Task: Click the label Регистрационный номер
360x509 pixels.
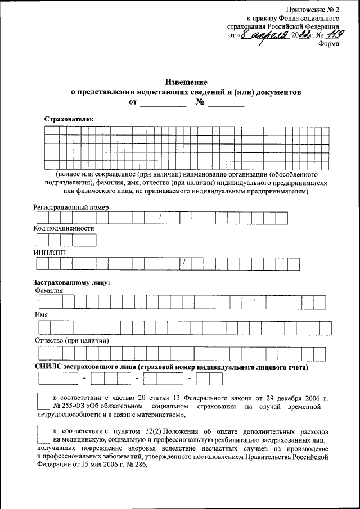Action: tap(70, 207)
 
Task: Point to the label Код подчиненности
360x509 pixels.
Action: tap(64, 229)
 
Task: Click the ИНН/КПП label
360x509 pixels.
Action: tap(49, 252)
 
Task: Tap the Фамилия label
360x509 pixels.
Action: tap(48, 290)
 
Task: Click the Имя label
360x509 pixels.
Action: tap(40, 315)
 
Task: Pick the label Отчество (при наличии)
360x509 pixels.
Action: tap(71, 340)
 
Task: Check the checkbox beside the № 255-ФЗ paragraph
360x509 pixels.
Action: tap(42, 400)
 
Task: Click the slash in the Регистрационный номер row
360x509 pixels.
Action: tap(160, 217)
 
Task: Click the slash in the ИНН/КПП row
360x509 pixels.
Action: tap(184, 262)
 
